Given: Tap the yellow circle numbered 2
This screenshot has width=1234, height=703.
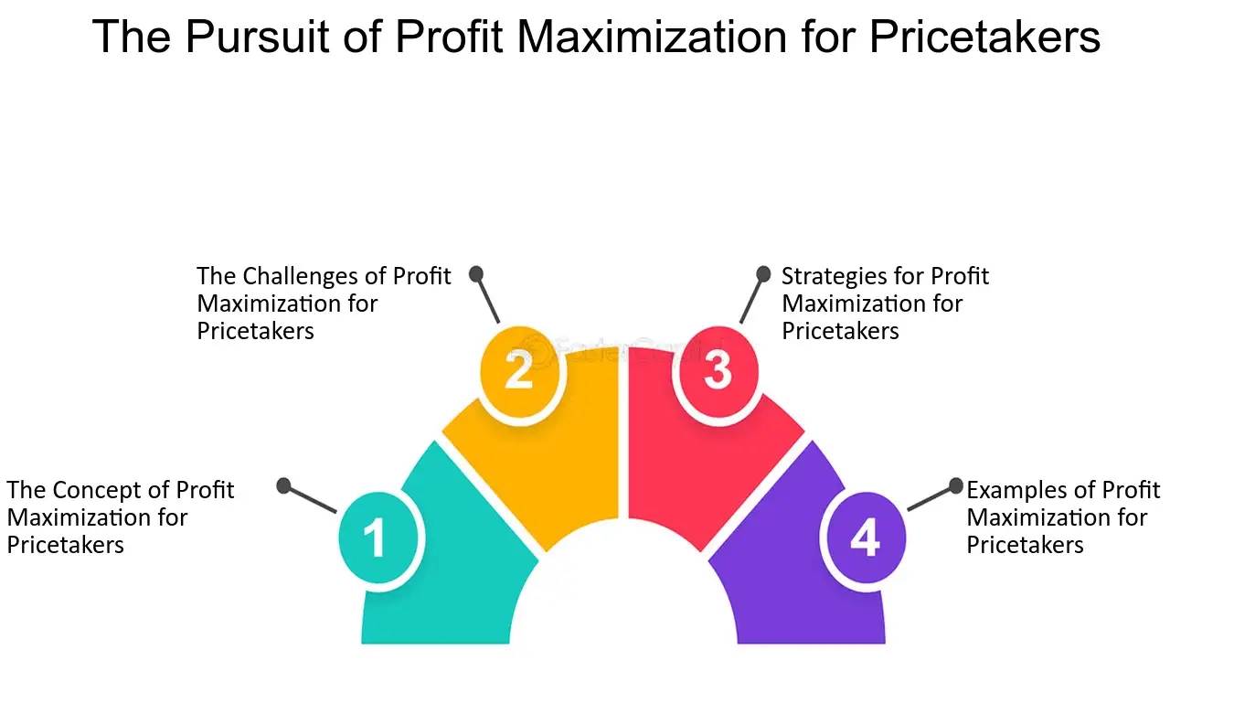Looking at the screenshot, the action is (x=519, y=371).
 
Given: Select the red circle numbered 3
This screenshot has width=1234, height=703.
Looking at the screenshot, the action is (x=718, y=371).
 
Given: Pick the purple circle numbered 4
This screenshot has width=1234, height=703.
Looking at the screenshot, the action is (x=866, y=538).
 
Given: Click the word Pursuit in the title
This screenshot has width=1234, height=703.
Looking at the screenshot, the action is (x=257, y=37).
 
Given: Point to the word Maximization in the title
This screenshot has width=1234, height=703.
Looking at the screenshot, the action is (x=651, y=37).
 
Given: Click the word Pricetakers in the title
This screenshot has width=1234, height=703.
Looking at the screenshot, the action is (x=984, y=37).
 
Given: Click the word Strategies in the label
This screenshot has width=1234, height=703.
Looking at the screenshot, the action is (x=825, y=277).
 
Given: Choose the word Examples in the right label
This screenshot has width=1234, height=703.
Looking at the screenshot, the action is (x=1014, y=490).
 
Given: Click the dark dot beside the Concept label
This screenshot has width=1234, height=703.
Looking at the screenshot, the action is (x=283, y=485).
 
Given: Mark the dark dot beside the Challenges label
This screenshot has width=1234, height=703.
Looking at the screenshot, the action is (x=476, y=274).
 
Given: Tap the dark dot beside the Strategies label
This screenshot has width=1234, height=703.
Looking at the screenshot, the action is (x=763, y=274).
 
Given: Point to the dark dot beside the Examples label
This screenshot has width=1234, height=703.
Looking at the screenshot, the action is (x=956, y=486).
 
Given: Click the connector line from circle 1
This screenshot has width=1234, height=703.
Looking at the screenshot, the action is (x=310, y=499).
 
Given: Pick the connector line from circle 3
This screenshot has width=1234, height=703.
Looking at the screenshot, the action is (x=752, y=298).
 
